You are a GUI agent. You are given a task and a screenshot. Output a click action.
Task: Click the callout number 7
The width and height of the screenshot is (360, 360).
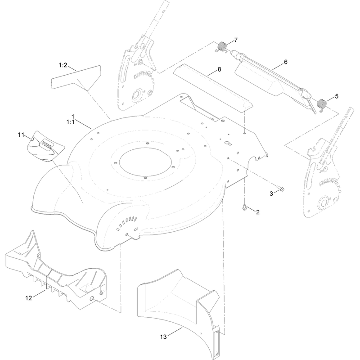pyautogui.click(x=236, y=40)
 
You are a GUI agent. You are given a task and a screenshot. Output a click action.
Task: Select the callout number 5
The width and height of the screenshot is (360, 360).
pyautogui.click(x=337, y=96)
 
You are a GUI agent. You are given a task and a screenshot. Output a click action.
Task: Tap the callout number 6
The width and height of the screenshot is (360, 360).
pyautogui.click(x=286, y=62)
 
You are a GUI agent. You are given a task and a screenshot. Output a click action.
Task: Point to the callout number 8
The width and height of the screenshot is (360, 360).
pyautogui.click(x=219, y=69)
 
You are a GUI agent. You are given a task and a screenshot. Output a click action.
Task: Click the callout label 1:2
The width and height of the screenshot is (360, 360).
pyautogui.click(x=63, y=65)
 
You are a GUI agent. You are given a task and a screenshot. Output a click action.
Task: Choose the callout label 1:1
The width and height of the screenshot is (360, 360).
pyautogui.click(x=71, y=122)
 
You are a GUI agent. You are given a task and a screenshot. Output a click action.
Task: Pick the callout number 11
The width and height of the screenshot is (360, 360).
pyautogui.click(x=21, y=135)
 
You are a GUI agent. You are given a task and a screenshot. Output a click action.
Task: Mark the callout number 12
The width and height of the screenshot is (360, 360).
pyautogui.click(x=29, y=298)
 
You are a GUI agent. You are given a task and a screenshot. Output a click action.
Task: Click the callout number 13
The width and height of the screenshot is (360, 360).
pyautogui.click(x=163, y=337)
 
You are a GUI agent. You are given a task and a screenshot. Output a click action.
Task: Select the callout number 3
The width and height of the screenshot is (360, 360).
pyautogui.click(x=271, y=194)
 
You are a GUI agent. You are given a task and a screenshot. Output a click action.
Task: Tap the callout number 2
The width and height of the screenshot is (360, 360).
pyautogui.click(x=257, y=212)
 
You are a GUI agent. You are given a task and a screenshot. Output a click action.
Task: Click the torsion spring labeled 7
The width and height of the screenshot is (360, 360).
pyautogui.click(x=221, y=47)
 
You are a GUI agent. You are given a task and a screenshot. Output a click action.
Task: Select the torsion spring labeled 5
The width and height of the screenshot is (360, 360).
pyautogui.click(x=322, y=104)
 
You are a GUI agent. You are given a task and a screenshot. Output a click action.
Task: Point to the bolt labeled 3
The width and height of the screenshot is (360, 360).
pyautogui.click(x=280, y=188)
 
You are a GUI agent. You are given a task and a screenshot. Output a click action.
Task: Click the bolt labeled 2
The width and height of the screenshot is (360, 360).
pyautogui.click(x=244, y=207)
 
